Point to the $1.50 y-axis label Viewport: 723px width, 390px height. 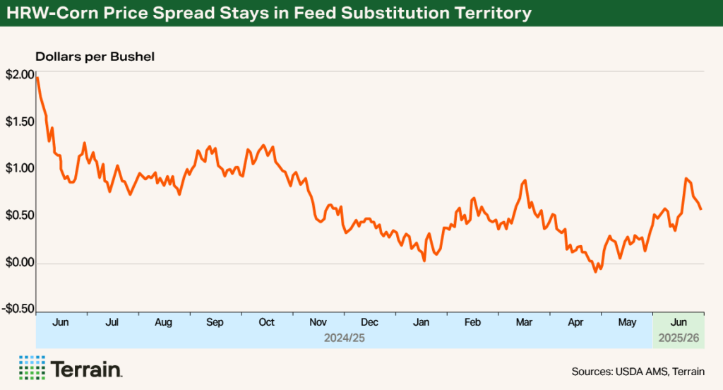click(18, 122)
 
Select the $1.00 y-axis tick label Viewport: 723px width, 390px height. click(18, 169)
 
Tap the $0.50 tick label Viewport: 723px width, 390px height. click(18, 216)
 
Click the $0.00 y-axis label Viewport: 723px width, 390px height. click(18, 263)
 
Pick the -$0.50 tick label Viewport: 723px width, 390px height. click(17, 309)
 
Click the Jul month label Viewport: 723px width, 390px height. click(112, 322)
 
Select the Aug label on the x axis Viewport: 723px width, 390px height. click(163, 322)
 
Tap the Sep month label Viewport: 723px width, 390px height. click(215, 322)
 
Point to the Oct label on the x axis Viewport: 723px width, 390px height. click(266, 322)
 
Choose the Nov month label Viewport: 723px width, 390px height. click(318, 322)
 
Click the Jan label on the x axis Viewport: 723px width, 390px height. click(421, 322)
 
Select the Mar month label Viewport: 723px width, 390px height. click(524, 322)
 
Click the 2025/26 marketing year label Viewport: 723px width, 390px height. click(679, 338)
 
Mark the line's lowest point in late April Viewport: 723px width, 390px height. click(595, 271)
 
